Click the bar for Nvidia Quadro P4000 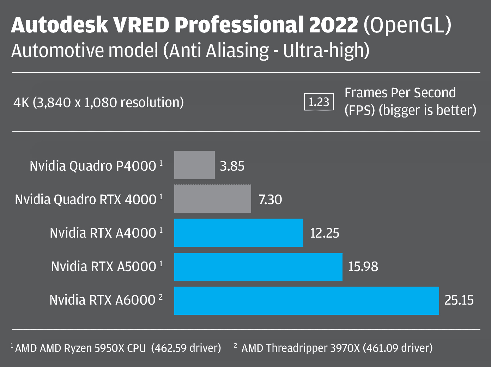coord(194,165)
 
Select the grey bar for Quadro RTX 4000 coord(212,199)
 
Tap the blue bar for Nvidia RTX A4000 coord(238,233)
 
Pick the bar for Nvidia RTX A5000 coord(258,267)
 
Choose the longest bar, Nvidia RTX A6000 coord(307,300)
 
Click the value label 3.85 coord(232,166)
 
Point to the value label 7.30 coord(270,200)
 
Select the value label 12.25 coord(325,233)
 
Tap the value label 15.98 coord(363,267)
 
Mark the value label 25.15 coord(459,300)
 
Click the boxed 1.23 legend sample coord(319,102)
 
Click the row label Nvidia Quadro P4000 coord(93,166)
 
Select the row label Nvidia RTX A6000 coord(103,300)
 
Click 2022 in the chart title coord(333,25)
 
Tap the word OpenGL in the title coord(407,25)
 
